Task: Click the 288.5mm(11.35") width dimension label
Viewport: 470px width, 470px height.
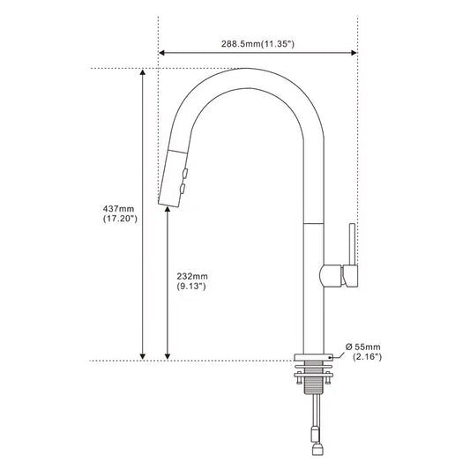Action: click(x=257, y=44)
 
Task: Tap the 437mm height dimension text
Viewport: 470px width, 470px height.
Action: click(x=120, y=213)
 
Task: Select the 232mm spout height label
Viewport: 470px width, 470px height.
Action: click(x=192, y=281)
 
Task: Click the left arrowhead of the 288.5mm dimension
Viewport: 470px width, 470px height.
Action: click(x=162, y=53)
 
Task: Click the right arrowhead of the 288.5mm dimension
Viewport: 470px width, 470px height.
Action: click(x=354, y=53)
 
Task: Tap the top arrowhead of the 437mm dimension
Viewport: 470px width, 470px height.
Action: click(x=143, y=72)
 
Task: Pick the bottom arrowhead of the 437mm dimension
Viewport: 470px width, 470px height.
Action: click(x=143, y=356)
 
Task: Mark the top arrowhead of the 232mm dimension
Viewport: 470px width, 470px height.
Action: click(x=168, y=210)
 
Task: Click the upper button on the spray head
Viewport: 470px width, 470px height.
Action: click(x=185, y=173)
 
